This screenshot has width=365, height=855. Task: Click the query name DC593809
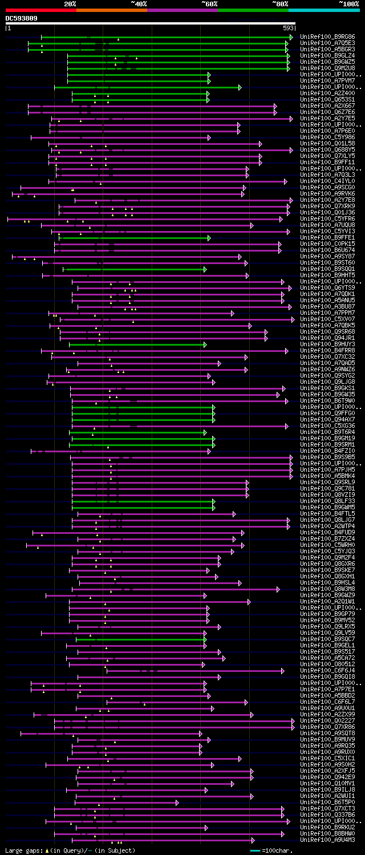[x=22, y=18]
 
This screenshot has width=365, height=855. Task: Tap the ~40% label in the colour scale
[x=139, y=3]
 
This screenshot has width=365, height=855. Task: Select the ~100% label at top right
[x=348, y=3]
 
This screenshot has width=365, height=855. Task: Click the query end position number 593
[x=288, y=27]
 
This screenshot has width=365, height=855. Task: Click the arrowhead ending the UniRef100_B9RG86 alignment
[x=291, y=37]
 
